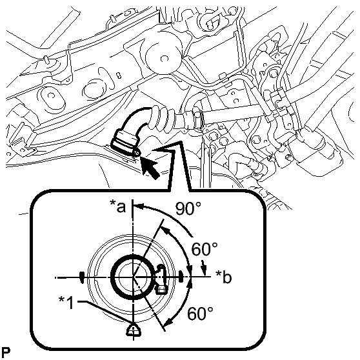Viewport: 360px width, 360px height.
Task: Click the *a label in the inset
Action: pos(118,206)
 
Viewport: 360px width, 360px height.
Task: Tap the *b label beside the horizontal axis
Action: pos(223,277)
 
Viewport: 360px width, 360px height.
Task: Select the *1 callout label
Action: pos(66,303)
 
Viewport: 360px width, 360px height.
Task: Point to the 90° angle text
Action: pos(188,208)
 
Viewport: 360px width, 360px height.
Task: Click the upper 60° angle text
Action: pos(205,249)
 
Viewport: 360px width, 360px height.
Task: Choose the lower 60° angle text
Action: pos(200,313)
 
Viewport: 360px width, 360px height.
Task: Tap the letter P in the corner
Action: pos(6,352)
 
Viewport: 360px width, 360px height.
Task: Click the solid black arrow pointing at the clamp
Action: pos(149,167)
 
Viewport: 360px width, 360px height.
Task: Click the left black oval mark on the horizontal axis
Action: pos(82,277)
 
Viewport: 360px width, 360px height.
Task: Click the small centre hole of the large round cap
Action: pos(163,59)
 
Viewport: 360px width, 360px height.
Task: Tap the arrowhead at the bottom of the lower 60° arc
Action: pos(168,322)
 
